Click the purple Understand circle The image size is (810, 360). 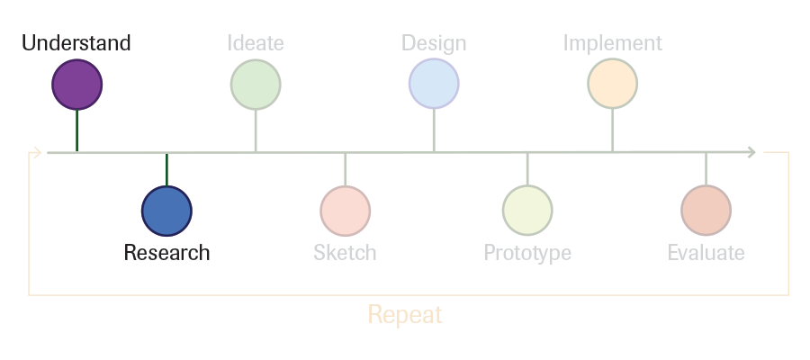pos(77,85)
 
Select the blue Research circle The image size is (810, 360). pos(166,211)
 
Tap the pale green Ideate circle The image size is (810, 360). pos(256,85)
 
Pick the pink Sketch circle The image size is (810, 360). pos(345,211)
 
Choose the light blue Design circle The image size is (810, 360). pos(434,84)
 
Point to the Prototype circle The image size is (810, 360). pos(527,211)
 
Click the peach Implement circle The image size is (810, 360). pos(613,84)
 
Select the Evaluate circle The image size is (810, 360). pos(706,211)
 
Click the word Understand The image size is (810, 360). pos(76,43)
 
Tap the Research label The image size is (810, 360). pos(166,253)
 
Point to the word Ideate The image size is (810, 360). pos(256,43)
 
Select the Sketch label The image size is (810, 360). pos(345,253)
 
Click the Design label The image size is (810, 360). pos(434,43)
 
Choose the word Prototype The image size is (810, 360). pos(527,253)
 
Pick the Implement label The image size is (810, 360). pos(613,43)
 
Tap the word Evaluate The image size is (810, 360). pos(706,253)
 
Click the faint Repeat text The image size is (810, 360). pos(405,314)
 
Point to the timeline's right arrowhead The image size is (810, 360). pos(751,152)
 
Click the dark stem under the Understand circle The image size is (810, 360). pos(77,130)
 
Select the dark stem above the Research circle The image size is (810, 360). pos(166,169)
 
